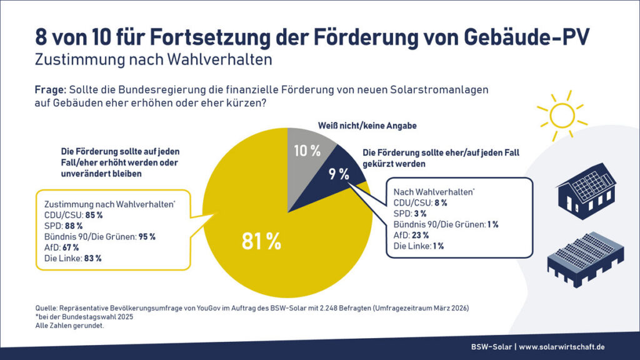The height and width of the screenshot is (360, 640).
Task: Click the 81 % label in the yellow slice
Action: coord(261,241)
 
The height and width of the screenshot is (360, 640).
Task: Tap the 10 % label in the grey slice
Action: coord(307,151)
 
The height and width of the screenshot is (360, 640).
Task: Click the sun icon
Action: coord(561,114)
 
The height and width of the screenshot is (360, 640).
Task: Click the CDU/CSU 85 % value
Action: coord(94,214)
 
